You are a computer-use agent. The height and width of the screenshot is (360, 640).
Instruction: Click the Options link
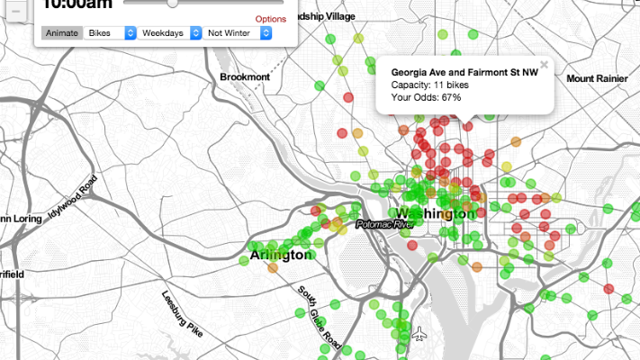point(270,18)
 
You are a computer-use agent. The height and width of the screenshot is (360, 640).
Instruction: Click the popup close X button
point(544,65)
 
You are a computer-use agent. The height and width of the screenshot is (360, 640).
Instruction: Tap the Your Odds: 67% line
point(426,97)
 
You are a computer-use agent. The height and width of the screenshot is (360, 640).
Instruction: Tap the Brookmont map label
point(245,77)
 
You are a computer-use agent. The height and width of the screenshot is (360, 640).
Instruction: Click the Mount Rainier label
point(597,79)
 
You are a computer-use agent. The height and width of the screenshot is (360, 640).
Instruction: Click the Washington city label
point(435,213)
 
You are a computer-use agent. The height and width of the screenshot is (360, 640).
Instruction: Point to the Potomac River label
point(383,223)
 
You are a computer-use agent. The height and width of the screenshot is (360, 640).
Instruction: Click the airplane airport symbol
point(420,336)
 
